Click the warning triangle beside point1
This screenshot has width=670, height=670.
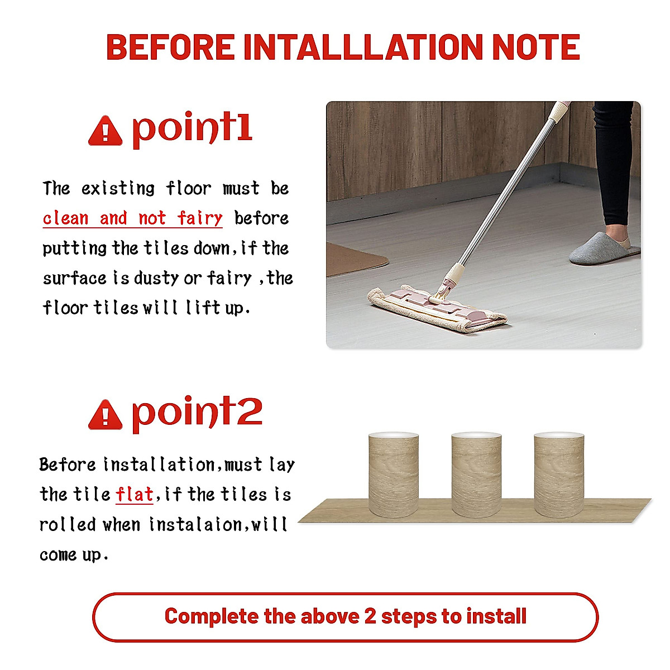(x=105, y=131)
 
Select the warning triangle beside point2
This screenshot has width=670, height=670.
(x=105, y=415)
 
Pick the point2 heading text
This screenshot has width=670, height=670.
(x=197, y=413)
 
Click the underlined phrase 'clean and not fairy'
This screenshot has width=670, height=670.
(x=133, y=218)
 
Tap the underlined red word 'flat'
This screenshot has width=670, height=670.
(x=134, y=495)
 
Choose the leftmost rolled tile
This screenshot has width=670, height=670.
(x=394, y=475)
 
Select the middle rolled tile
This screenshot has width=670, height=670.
(x=476, y=475)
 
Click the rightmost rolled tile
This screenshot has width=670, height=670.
(x=559, y=475)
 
